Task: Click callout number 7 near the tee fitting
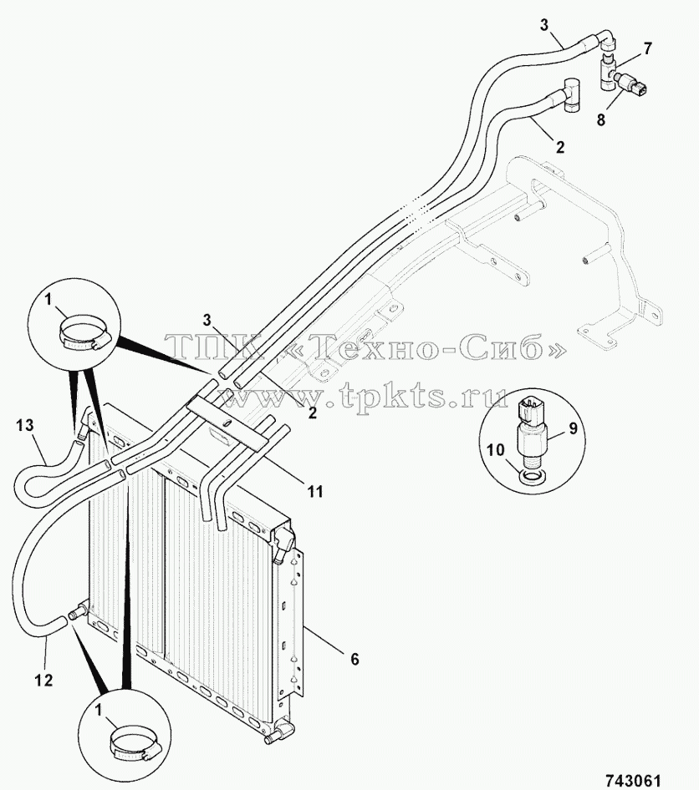(x=647, y=48)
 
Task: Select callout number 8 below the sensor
(x=600, y=120)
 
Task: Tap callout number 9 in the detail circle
(x=573, y=428)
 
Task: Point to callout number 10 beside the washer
(x=497, y=449)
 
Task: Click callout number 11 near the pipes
(x=315, y=491)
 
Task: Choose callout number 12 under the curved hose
(x=43, y=680)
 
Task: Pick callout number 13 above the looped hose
(x=24, y=426)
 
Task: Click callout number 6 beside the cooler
(x=355, y=659)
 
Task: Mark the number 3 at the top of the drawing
(x=543, y=25)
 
